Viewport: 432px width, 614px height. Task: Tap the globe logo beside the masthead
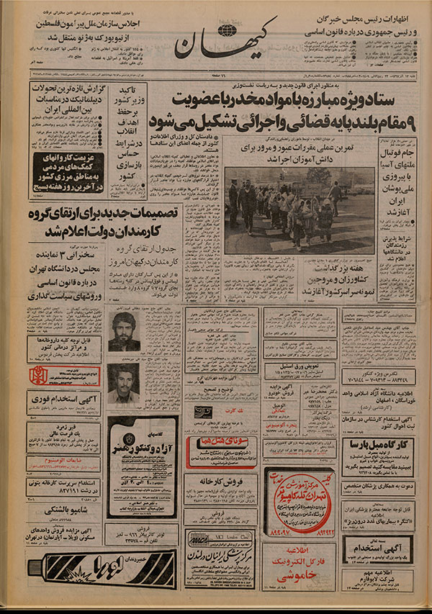pyautogui.click(x=228, y=31)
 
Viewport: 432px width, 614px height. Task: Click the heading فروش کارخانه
pyautogui.click(x=220, y=480)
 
